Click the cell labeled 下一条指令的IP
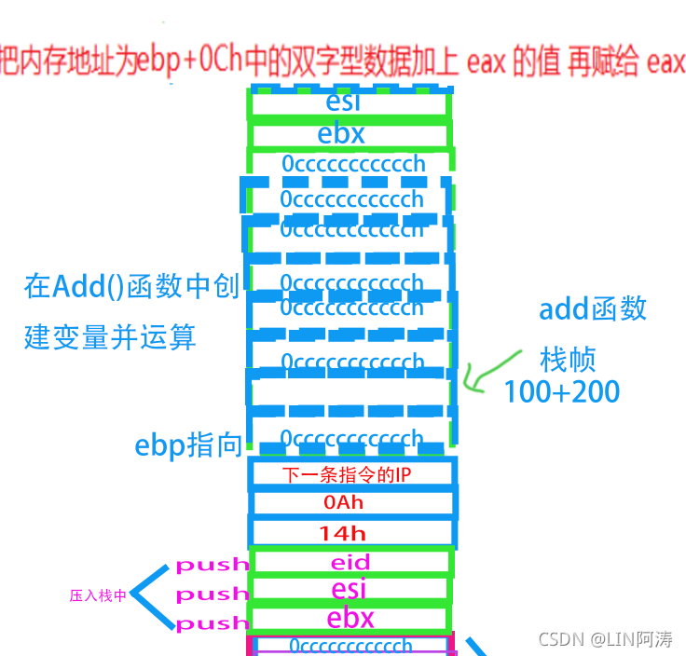click(352, 473)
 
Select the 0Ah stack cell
click(352, 503)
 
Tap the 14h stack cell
click(352, 533)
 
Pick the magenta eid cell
click(350, 562)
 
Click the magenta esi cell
click(350, 590)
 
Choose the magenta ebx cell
click(350, 618)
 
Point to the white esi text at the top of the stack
click(344, 102)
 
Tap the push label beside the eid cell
click(213, 564)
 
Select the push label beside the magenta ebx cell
click(213, 623)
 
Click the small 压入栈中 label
click(98, 595)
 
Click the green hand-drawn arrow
click(494, 373)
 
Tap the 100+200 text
click(561, 391)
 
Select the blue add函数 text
click(592, 309)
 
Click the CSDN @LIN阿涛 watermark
click(606, 639)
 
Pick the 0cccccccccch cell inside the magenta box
click(350, 645)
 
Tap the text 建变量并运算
click(110, 336)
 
